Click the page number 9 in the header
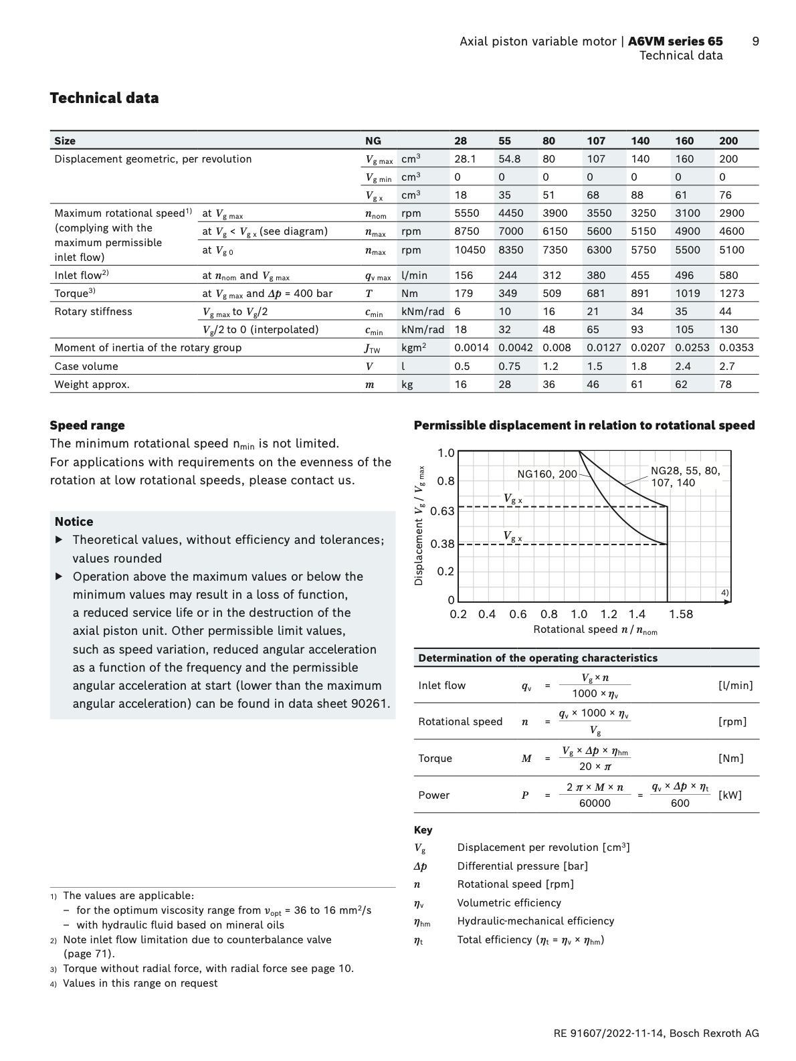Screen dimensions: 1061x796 point(755,41)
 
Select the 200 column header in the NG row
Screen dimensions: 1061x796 point(728,140)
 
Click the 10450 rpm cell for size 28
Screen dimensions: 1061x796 point(470,250)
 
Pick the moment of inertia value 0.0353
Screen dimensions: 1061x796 point(736,348)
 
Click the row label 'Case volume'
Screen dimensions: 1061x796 point(86,367)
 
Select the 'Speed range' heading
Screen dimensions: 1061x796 point(87,425)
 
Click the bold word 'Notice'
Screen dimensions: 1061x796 point(74,522)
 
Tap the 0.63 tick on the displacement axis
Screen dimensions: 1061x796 point(442,511)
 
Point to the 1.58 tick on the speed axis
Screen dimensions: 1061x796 point(681,614)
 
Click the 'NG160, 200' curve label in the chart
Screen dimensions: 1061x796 point(546,474)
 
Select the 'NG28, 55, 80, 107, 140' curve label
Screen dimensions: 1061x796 point(685,476)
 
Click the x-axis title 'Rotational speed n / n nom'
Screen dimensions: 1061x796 point(595,630)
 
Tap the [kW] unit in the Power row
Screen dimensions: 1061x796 point(730,795)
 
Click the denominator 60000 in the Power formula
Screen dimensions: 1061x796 point(595,803)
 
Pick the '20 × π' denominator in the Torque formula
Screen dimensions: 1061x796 point(595,767)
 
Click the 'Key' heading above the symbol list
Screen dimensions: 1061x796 point(423,830)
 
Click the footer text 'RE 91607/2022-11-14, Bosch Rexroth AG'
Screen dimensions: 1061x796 point(656,1034)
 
